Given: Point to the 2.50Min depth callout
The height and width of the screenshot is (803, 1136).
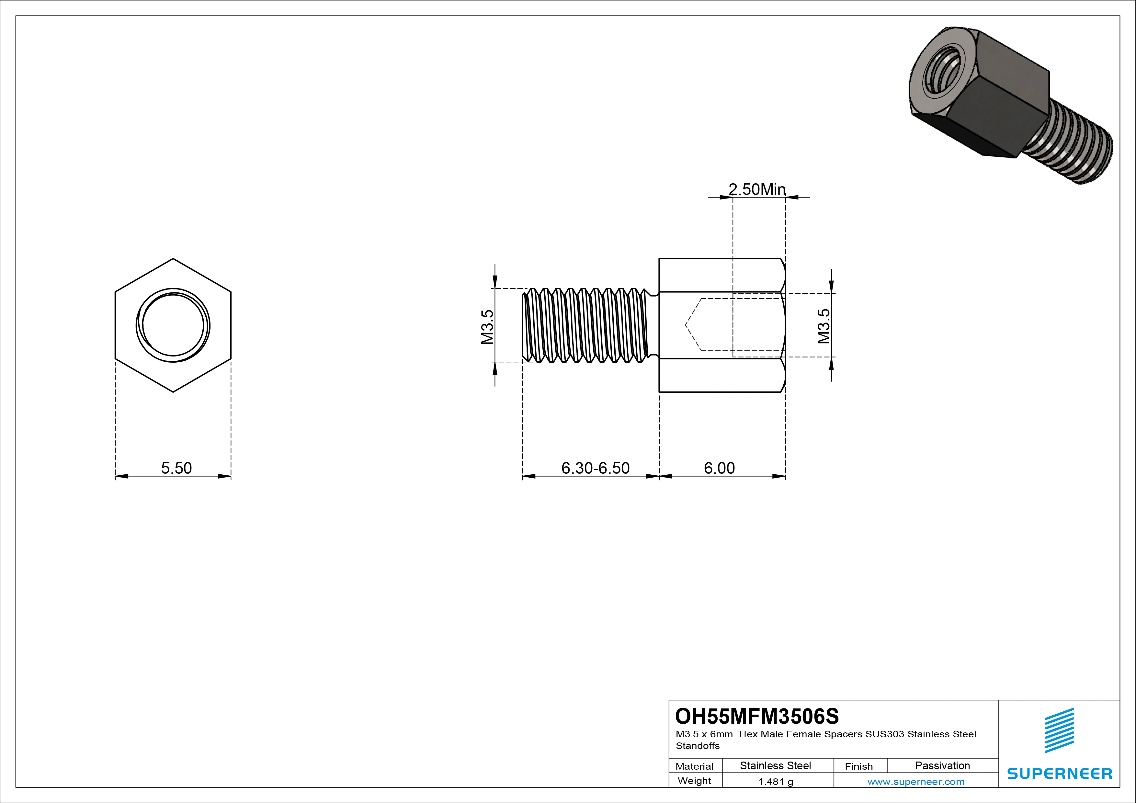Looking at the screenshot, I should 757,189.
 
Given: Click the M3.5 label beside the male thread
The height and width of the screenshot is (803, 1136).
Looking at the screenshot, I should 488,327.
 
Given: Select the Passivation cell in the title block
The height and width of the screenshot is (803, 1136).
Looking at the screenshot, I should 942,765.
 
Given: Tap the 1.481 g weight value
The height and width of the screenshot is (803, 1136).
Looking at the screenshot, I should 775,782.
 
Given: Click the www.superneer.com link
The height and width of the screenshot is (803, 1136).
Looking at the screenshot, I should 916,782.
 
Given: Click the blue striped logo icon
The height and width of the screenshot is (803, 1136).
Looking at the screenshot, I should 1059,730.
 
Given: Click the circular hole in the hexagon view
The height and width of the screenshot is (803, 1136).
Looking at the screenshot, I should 173,325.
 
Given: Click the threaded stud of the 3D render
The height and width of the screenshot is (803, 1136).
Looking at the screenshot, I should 1074,148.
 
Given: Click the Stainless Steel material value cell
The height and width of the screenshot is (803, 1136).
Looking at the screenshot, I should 775,765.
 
